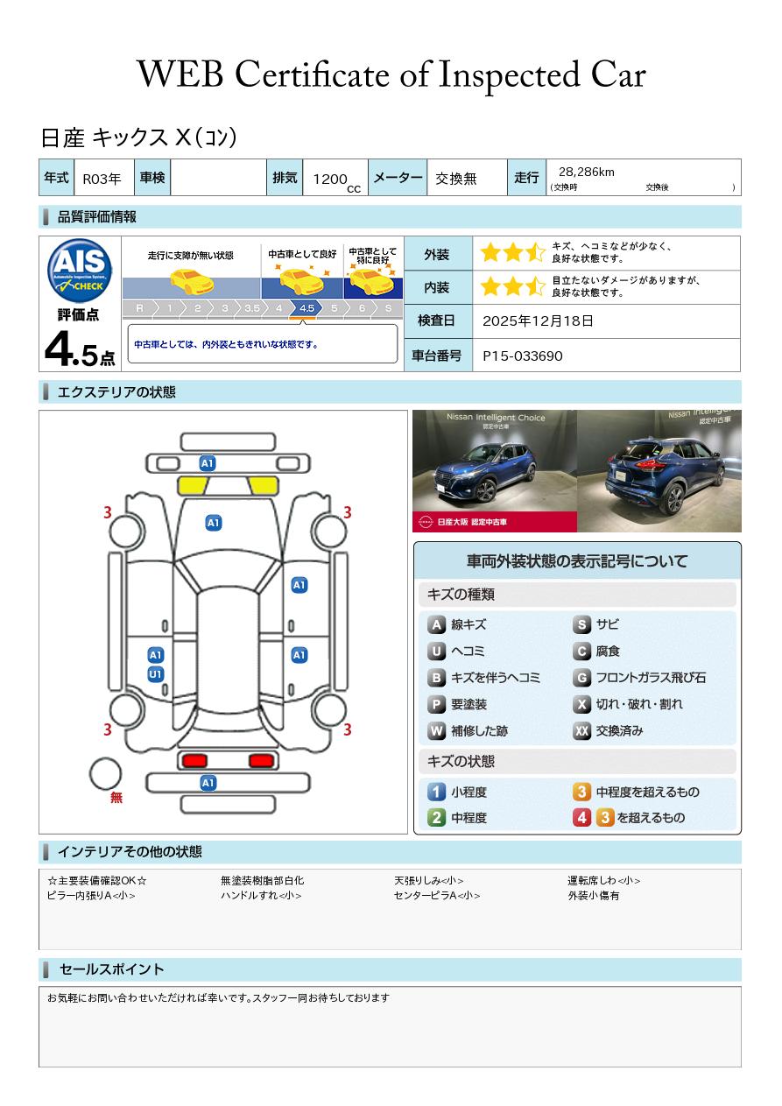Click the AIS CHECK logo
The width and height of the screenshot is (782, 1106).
coord(80,271)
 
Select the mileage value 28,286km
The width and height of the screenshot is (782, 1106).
coord(587,173)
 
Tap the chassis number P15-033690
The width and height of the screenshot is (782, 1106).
coord(522,356)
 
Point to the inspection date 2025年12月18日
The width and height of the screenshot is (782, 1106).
coord(538,321)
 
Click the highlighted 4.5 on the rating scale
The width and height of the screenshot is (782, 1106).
coord(306,308)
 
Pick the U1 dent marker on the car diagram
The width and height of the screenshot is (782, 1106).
coord(155,674)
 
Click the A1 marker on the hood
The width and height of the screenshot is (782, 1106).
coord(214,523)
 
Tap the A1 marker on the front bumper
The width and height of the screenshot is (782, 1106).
coord(208,463)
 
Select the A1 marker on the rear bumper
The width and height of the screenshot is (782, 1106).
coord(208,783)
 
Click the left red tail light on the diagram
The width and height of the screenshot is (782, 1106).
coord(194,760)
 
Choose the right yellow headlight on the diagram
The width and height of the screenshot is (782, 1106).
coord(263,486)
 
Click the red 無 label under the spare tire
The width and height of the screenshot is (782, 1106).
coord(116,798)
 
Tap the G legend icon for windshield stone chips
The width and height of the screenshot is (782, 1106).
coord(581,678)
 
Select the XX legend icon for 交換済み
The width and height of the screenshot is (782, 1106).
coord(581,730)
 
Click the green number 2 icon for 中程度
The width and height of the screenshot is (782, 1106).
coord(436,818)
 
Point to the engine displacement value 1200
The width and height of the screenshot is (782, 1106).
coord(330,180)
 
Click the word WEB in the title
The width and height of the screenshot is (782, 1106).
coord(180,75)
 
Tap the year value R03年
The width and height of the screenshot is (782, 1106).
coord(102,179)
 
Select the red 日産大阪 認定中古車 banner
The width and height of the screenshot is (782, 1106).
coord(494,522)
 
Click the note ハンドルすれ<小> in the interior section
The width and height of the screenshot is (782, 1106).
coord(261,896)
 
